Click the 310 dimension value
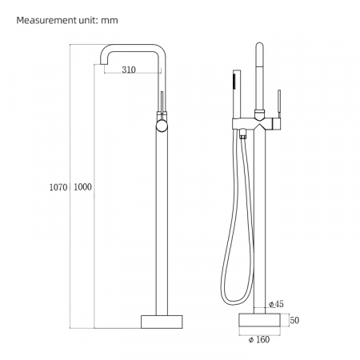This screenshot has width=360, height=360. coord(129,70)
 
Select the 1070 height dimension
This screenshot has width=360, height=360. coord(58,187)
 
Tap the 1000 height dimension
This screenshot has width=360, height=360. coord(82,187)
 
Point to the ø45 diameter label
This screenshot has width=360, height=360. coord(276,304)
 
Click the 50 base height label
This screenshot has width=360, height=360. coord(294,320)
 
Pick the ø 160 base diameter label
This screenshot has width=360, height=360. coord(259,339)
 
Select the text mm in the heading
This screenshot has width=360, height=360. coord(110,21)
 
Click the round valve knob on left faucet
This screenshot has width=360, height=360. coord(162,126)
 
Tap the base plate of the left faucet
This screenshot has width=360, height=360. coord(162,322)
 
